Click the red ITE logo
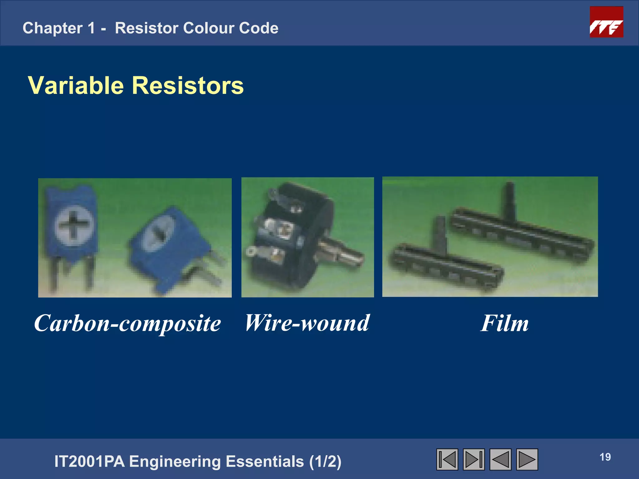(606, 22)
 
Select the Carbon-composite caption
(127, 323)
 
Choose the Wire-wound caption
(307, 323)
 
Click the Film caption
(504, 323)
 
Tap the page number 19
(605, 457)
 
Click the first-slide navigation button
(447, 459)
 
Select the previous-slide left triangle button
(500, 459)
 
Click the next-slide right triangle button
(527, 459)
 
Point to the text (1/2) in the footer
(325, 462)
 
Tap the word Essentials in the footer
(265, 462)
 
